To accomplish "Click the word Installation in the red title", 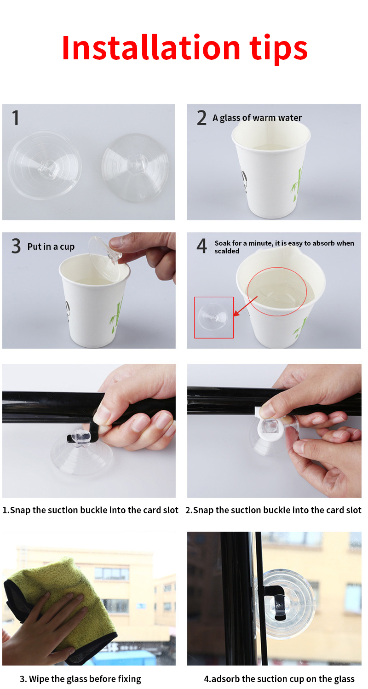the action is [x=151, y=48].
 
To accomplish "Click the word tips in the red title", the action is [x=278, y=49].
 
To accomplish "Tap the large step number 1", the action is [x=16, y=118].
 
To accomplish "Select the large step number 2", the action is [x=201, y=118].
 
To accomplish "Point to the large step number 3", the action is [x=16, y=246].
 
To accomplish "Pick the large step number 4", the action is [x=202, y=246].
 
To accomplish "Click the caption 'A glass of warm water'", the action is [x=257, y=118].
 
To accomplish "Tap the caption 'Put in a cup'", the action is [x=51, y=247].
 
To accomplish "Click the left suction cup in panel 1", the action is [x=45, y=165].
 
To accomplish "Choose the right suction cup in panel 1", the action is [x=135, y=167].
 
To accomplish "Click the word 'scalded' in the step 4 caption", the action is [x=227, y=251].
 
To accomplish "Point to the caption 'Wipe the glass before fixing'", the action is [x=80, y=679].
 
